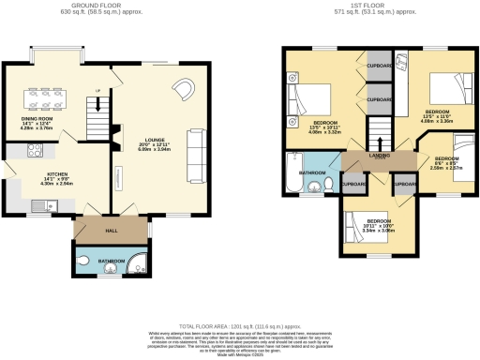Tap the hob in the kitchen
37,150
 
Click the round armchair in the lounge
185,90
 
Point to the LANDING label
377,157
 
